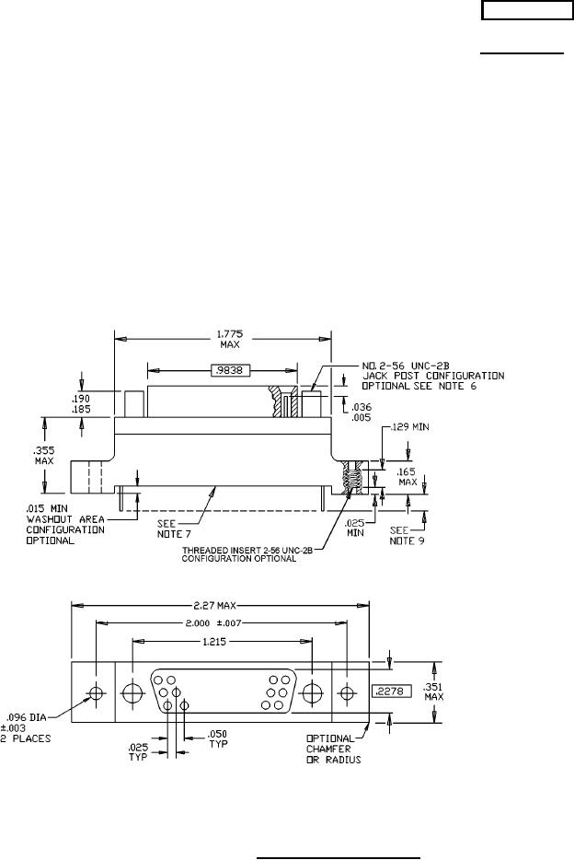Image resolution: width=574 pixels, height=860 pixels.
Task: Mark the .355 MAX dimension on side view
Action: (44, 455)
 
